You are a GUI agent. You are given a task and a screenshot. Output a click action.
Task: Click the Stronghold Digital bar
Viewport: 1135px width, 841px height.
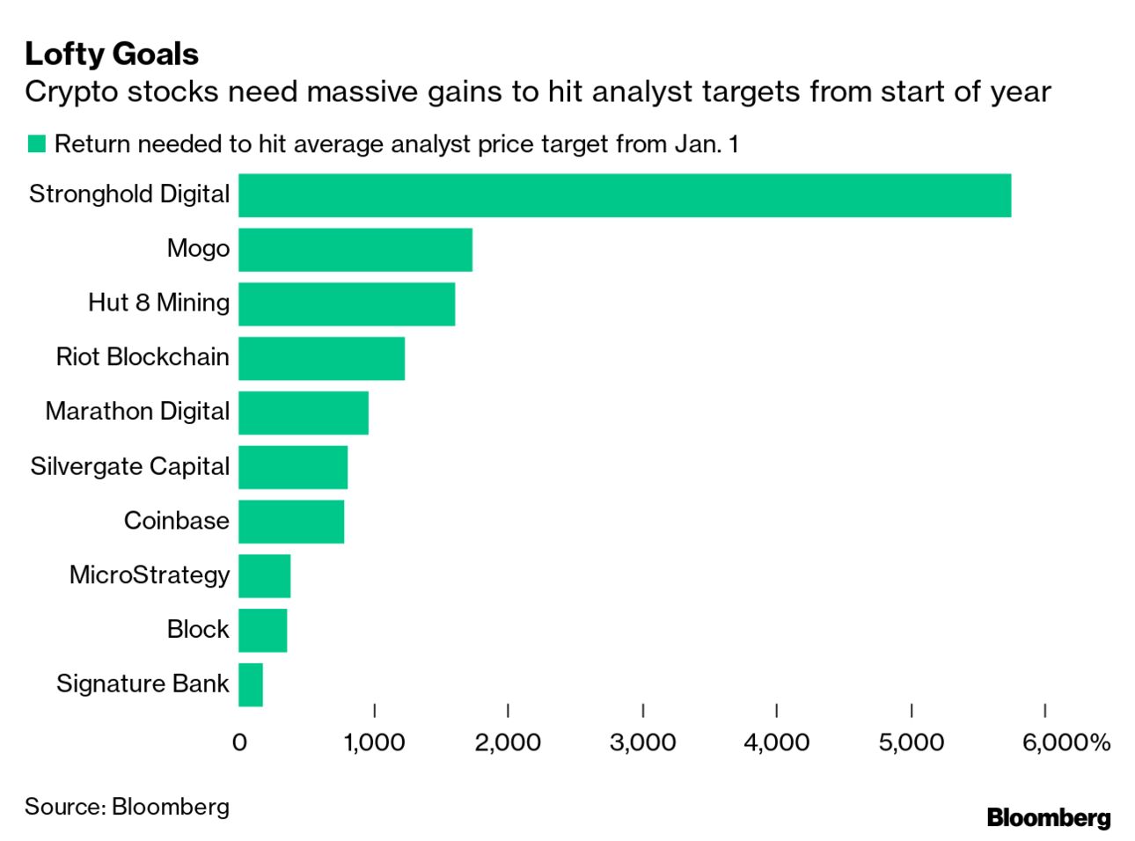coord(625,195)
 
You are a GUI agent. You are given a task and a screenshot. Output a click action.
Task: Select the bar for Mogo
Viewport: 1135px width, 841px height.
coord(355,250)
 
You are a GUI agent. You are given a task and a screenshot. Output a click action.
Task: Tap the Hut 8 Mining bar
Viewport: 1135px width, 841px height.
coord(347,304)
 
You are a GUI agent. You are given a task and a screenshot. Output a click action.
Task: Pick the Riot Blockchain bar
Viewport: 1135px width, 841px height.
coord(321,359)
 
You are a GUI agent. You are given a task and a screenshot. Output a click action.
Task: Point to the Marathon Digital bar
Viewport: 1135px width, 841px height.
coord(304,413)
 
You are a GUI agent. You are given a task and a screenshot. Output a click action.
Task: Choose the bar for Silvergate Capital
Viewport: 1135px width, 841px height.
coord(293,467)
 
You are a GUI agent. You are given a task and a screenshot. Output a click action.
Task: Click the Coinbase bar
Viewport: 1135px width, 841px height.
coord(291,522)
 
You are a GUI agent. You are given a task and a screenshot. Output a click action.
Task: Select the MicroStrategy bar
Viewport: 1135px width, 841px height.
coord(265,576)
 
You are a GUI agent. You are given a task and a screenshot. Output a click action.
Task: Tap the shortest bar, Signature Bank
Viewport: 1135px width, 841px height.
coord(251,685)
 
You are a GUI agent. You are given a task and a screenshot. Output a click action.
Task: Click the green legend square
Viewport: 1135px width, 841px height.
coord(36,143)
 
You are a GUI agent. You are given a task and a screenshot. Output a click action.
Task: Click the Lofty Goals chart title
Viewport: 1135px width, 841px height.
coord(112,54)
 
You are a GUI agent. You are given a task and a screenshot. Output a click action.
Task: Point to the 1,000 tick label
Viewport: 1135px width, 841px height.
coord(374,742)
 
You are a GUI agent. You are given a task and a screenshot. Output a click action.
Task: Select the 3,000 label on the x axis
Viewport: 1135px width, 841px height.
coord(642,742)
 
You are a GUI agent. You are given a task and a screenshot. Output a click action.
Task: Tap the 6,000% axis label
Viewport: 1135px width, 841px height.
coord(1065,742)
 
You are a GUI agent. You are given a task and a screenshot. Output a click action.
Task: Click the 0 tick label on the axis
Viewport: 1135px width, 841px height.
coord(239,742)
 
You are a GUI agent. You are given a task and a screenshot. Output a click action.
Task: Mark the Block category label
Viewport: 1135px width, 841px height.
coord(198,630)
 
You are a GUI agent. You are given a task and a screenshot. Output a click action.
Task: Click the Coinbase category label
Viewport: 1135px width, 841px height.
coord(176,521)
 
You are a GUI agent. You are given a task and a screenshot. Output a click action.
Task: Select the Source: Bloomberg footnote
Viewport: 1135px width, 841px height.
coord(127,807)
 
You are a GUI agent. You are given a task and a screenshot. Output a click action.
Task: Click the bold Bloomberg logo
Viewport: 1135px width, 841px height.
coord(1048,817)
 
